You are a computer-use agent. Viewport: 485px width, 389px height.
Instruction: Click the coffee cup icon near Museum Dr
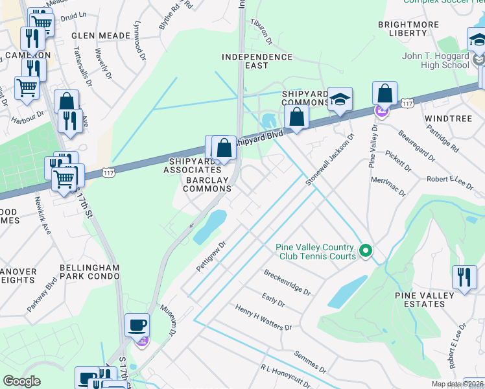137,324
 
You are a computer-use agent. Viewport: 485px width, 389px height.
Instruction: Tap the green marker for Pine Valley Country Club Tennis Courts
366,250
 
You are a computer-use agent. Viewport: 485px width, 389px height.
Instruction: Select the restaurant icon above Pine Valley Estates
464,277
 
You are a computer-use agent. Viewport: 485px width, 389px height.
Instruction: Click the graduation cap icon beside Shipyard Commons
339,99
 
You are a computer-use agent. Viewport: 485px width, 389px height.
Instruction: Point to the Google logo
21,381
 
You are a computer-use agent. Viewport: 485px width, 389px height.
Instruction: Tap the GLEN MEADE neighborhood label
96,36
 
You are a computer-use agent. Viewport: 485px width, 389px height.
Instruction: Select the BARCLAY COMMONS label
207,183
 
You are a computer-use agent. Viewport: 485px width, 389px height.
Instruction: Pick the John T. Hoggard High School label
436,60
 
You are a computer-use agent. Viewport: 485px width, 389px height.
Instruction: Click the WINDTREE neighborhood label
445,119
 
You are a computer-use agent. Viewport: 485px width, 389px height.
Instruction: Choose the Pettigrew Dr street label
210,257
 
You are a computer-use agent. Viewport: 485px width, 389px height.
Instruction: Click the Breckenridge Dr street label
287,283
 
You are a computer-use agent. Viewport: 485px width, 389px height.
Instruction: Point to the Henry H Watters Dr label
263,318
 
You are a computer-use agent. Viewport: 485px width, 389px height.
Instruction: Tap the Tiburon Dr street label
263,33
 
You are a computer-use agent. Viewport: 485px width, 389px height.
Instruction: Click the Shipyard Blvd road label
259,137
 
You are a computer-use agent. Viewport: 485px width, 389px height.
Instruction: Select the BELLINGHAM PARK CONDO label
89,272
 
